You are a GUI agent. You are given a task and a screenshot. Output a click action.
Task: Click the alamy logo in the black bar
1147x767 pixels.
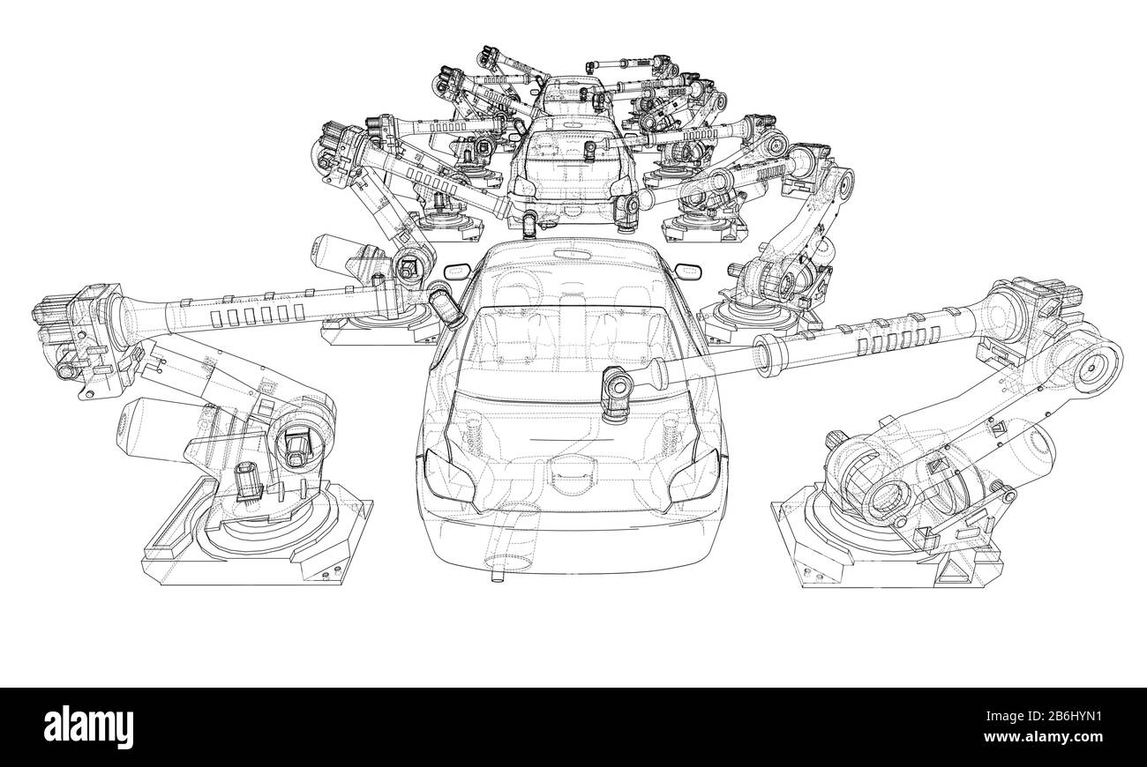(x=89, y=726)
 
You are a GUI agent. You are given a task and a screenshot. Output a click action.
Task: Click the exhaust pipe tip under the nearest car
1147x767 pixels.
(x=493, y=577)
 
